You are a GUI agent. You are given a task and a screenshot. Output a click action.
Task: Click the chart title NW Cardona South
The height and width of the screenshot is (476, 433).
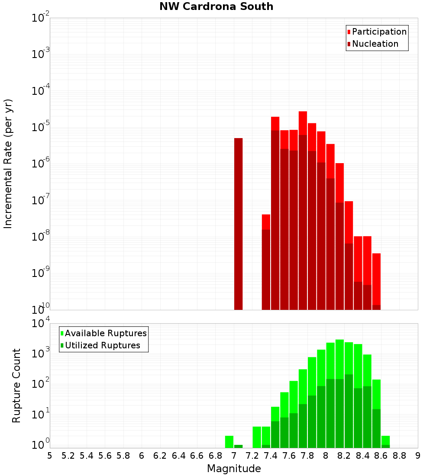[x=216, y=6]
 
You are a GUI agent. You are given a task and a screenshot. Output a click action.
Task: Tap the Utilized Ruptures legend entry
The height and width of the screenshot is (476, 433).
[x=102, y=345]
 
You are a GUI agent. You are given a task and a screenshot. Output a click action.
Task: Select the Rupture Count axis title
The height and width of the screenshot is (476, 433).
[x=16, y=386]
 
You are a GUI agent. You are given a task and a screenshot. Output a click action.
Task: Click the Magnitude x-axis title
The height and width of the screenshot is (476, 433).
[x=234, y=469]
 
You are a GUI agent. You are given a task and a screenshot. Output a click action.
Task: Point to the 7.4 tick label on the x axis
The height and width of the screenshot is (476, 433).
[x=271, y=456]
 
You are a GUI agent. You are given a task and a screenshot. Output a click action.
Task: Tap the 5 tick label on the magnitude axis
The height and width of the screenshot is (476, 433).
[x=50, y=456]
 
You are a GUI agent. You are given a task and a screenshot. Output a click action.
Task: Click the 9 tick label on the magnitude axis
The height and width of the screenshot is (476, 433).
[x=418, y=456]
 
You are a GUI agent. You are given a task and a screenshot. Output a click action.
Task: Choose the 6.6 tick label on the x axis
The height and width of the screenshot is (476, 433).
[x=197, y=456]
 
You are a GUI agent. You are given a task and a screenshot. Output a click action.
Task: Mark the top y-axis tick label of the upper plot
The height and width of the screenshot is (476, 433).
[x=40, y=18]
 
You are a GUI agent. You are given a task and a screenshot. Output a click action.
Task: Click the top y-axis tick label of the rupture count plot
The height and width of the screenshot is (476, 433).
[x=40, y=324]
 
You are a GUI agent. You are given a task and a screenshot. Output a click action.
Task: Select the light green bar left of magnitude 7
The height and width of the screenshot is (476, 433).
[x=229, y=441]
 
